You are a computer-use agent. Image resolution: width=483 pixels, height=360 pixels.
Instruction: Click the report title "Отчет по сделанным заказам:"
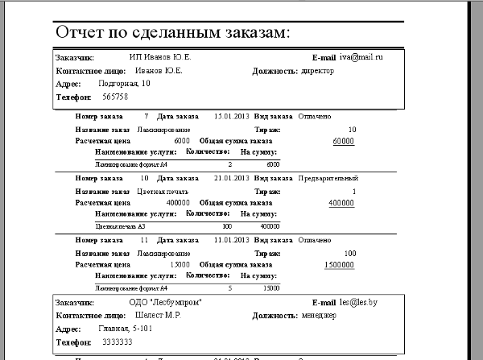point(173,33)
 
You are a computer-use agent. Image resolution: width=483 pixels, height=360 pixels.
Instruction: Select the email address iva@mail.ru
point(361,57)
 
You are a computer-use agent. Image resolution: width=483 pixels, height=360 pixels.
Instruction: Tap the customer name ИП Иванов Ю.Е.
point(160,58)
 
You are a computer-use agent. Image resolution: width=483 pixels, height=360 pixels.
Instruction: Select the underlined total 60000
point(344,141)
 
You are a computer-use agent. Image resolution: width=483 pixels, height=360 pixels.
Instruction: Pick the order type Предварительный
point(328,178)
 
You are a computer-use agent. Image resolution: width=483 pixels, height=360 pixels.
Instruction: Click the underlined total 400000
point(341,203)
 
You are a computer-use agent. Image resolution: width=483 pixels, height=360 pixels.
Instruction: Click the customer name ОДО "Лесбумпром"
point(164,302)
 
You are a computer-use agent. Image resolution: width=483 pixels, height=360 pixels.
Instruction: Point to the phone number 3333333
point(119,341)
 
